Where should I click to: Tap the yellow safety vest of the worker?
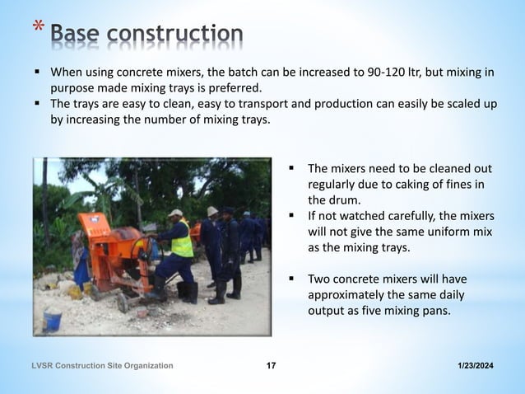182,242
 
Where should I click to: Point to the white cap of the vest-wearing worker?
175,213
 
